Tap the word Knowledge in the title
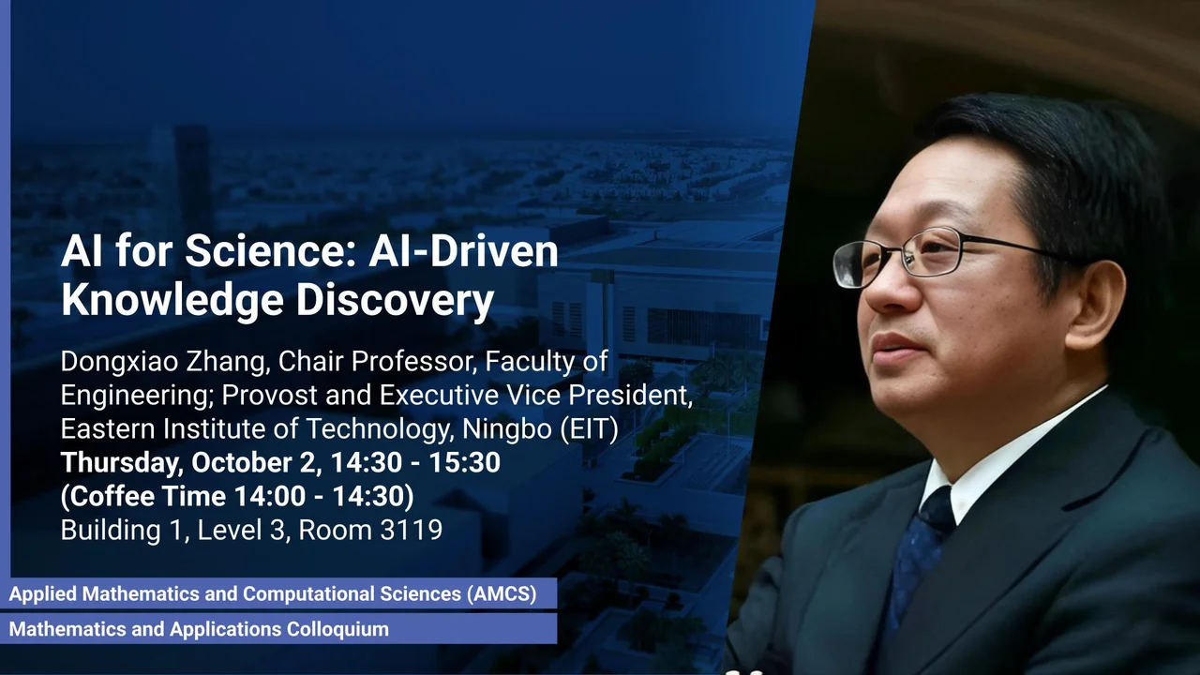click(x=172, y=302)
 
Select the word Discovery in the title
click(x=395, y=302)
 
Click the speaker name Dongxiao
click(x=119, y=363)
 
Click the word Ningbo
click(x=507, y=429)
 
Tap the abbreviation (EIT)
click(x=590, y=429)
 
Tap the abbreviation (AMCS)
click(x=502, y=593)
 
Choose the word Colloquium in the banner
click(x=338, y=629)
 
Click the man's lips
click(x=894, y=347)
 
